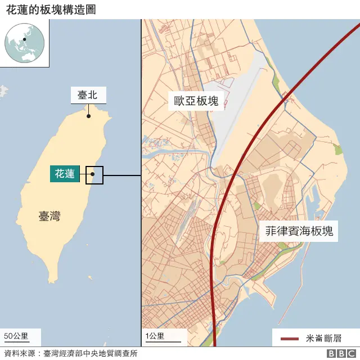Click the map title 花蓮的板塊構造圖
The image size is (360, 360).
pos(47,9)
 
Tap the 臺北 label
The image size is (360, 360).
pos(88,95)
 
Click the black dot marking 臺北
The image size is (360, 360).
pos(88,116)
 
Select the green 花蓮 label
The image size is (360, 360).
pos(64,174)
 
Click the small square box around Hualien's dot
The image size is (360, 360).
pos(94,175)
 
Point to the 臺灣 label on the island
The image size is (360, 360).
pos(49,216)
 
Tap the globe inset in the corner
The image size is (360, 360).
pos(25,43)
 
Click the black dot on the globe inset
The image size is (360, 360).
pos(25,39)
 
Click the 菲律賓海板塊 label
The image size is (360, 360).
pos(299,231)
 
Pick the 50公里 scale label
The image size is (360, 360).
pos(16,336)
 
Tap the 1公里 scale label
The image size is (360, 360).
pos(155,336)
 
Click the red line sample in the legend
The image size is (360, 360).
pos(289,338)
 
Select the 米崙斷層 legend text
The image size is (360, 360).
pos(324,338)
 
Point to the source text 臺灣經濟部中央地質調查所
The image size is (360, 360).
pos(90,354)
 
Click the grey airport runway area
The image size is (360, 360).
pos(242,112)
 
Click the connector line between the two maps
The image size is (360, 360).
pos(121,175)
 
